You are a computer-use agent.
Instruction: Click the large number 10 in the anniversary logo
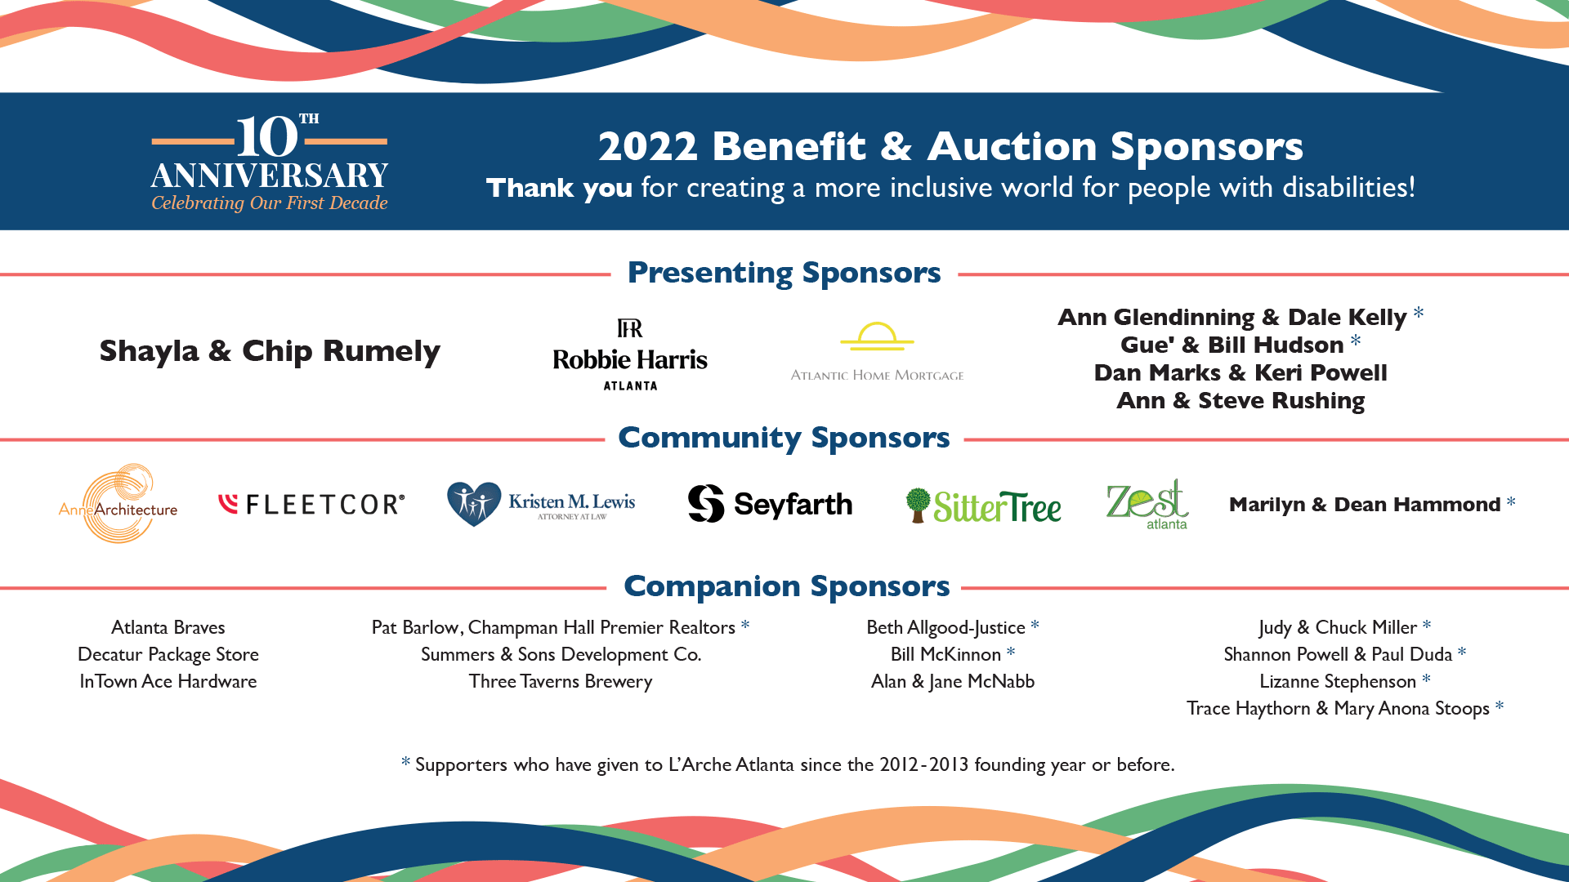click(267, 137)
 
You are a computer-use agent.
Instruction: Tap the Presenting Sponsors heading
click(784, 273)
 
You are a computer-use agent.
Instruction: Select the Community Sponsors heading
click(784, 438)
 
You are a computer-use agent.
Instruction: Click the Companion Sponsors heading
click(786, 586)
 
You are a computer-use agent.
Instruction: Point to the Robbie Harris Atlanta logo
click(630, 355)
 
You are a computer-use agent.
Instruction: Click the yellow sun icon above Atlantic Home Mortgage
click(877, 336)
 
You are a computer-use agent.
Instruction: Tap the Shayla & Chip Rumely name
click(270, 351)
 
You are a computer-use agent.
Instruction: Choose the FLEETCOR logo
click(311, 505)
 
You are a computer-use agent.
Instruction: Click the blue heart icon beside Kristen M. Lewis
click(473, 503)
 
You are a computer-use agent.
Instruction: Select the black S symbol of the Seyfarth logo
click(706, 503)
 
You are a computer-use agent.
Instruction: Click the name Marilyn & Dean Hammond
click(1365, 505)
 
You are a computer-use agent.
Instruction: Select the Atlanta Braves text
click(168, 627)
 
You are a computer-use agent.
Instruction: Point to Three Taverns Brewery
click(561, 681)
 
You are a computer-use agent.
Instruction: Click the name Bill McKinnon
click(945, 654)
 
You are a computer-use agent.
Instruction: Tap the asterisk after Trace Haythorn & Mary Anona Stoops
click(1500, 706)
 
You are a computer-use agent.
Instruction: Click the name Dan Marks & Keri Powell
click(1240, 372)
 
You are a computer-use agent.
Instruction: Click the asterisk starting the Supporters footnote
click(405, 763)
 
